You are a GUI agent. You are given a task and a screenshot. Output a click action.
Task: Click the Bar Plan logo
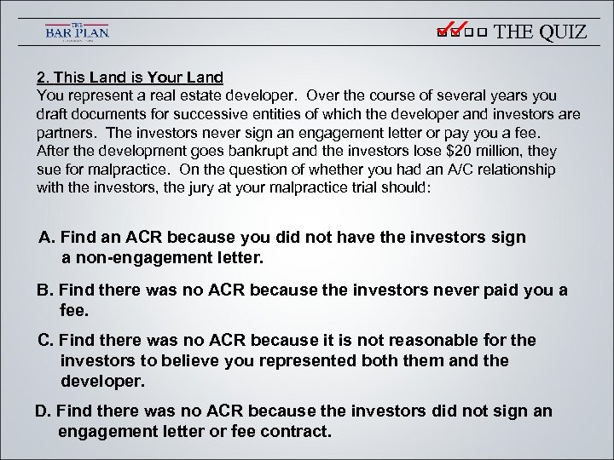77,32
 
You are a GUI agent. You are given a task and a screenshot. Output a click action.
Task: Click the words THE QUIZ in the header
541,32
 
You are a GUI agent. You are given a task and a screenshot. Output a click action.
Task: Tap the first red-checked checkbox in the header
441,33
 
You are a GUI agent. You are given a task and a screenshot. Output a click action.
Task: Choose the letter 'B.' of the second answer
45,290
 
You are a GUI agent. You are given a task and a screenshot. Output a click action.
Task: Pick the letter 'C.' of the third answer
46,340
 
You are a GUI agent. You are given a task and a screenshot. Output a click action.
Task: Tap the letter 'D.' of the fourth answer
43,411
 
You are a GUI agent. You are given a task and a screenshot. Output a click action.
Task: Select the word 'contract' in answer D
295,431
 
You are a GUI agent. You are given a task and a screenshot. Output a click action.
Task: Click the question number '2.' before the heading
42,78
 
